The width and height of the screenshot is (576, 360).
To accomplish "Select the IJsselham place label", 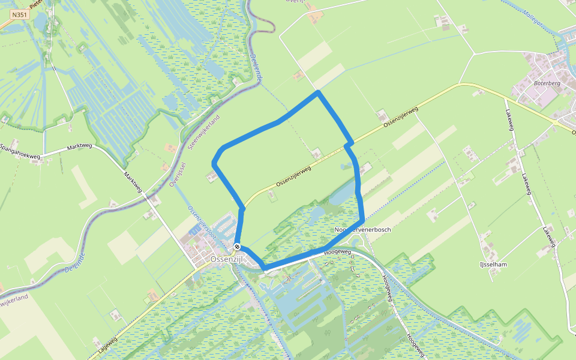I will (x=495, y=264).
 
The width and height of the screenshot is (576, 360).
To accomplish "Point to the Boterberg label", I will (x=546, y=83).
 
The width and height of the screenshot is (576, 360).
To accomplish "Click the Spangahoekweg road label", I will (x=20, y=152).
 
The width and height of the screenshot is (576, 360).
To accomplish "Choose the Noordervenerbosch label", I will (x=363, y=230).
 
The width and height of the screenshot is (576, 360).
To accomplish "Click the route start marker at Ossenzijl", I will (x=238, y=247).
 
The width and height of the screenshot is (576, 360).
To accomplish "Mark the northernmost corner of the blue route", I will (x=318, y=92).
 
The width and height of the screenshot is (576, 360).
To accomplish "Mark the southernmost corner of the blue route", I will (x=264, y=268).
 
